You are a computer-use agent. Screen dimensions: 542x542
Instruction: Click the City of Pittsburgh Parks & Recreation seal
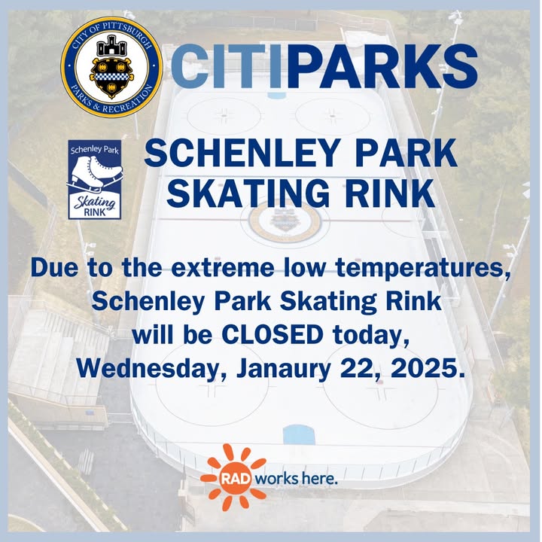click(111, 67)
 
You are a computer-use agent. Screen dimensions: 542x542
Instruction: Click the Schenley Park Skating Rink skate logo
click(95, 179)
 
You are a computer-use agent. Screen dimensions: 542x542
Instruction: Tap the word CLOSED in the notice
click(272, 334)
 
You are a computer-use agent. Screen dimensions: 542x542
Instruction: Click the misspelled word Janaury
click(284, 369)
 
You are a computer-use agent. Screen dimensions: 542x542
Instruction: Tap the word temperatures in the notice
click(422, 269)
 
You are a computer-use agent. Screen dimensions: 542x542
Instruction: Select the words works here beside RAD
click(297, 479)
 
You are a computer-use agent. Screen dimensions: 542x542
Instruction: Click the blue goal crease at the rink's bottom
click(299, 435)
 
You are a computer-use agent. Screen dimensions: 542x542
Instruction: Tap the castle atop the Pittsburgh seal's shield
click(111, 45)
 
